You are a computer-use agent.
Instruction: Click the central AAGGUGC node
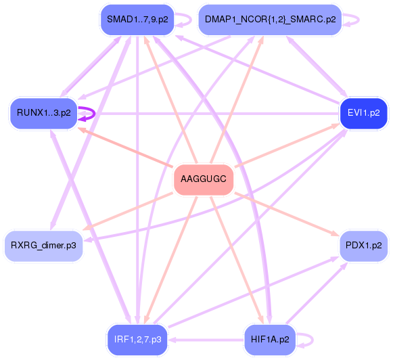204,180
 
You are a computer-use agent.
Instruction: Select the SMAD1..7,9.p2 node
137,19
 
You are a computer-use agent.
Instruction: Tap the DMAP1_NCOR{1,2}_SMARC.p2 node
270,19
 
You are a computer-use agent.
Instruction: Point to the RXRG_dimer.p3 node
43,244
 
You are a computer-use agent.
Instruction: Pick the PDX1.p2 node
363,244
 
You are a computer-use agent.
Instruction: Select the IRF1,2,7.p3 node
137,338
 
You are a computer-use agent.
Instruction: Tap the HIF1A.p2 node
270,338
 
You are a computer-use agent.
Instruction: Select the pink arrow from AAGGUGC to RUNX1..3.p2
129,146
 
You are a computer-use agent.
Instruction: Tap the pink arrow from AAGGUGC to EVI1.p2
284,146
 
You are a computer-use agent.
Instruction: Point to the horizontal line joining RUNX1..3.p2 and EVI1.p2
203,113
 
